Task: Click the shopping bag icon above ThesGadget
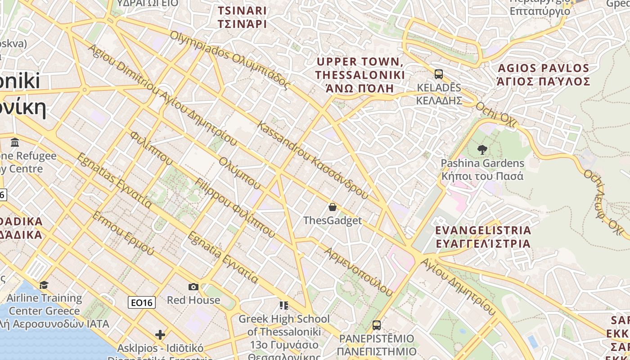tap(333, 207)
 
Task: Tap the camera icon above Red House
tap(193, 287)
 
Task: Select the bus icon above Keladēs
tap(439, 74)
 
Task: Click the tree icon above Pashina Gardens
tap(482, 150)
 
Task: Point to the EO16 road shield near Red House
tap(142, 302)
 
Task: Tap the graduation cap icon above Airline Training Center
tap(44, 285)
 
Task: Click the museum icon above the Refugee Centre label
tap(15, 143)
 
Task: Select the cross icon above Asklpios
tap(160, 334)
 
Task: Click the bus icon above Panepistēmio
tap(377, 325)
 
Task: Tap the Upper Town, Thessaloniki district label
tap(360, 75)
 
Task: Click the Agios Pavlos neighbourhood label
tap(544, 75)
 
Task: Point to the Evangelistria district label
tap(483, 237)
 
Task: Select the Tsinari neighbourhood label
tap(242, 17)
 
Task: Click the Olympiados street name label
tap(229, 58)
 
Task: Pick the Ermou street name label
tap(123, 233)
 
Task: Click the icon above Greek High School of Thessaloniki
tap(283, 306)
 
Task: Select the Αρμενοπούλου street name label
tap(358, 271)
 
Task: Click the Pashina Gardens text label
tap(482, 169)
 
